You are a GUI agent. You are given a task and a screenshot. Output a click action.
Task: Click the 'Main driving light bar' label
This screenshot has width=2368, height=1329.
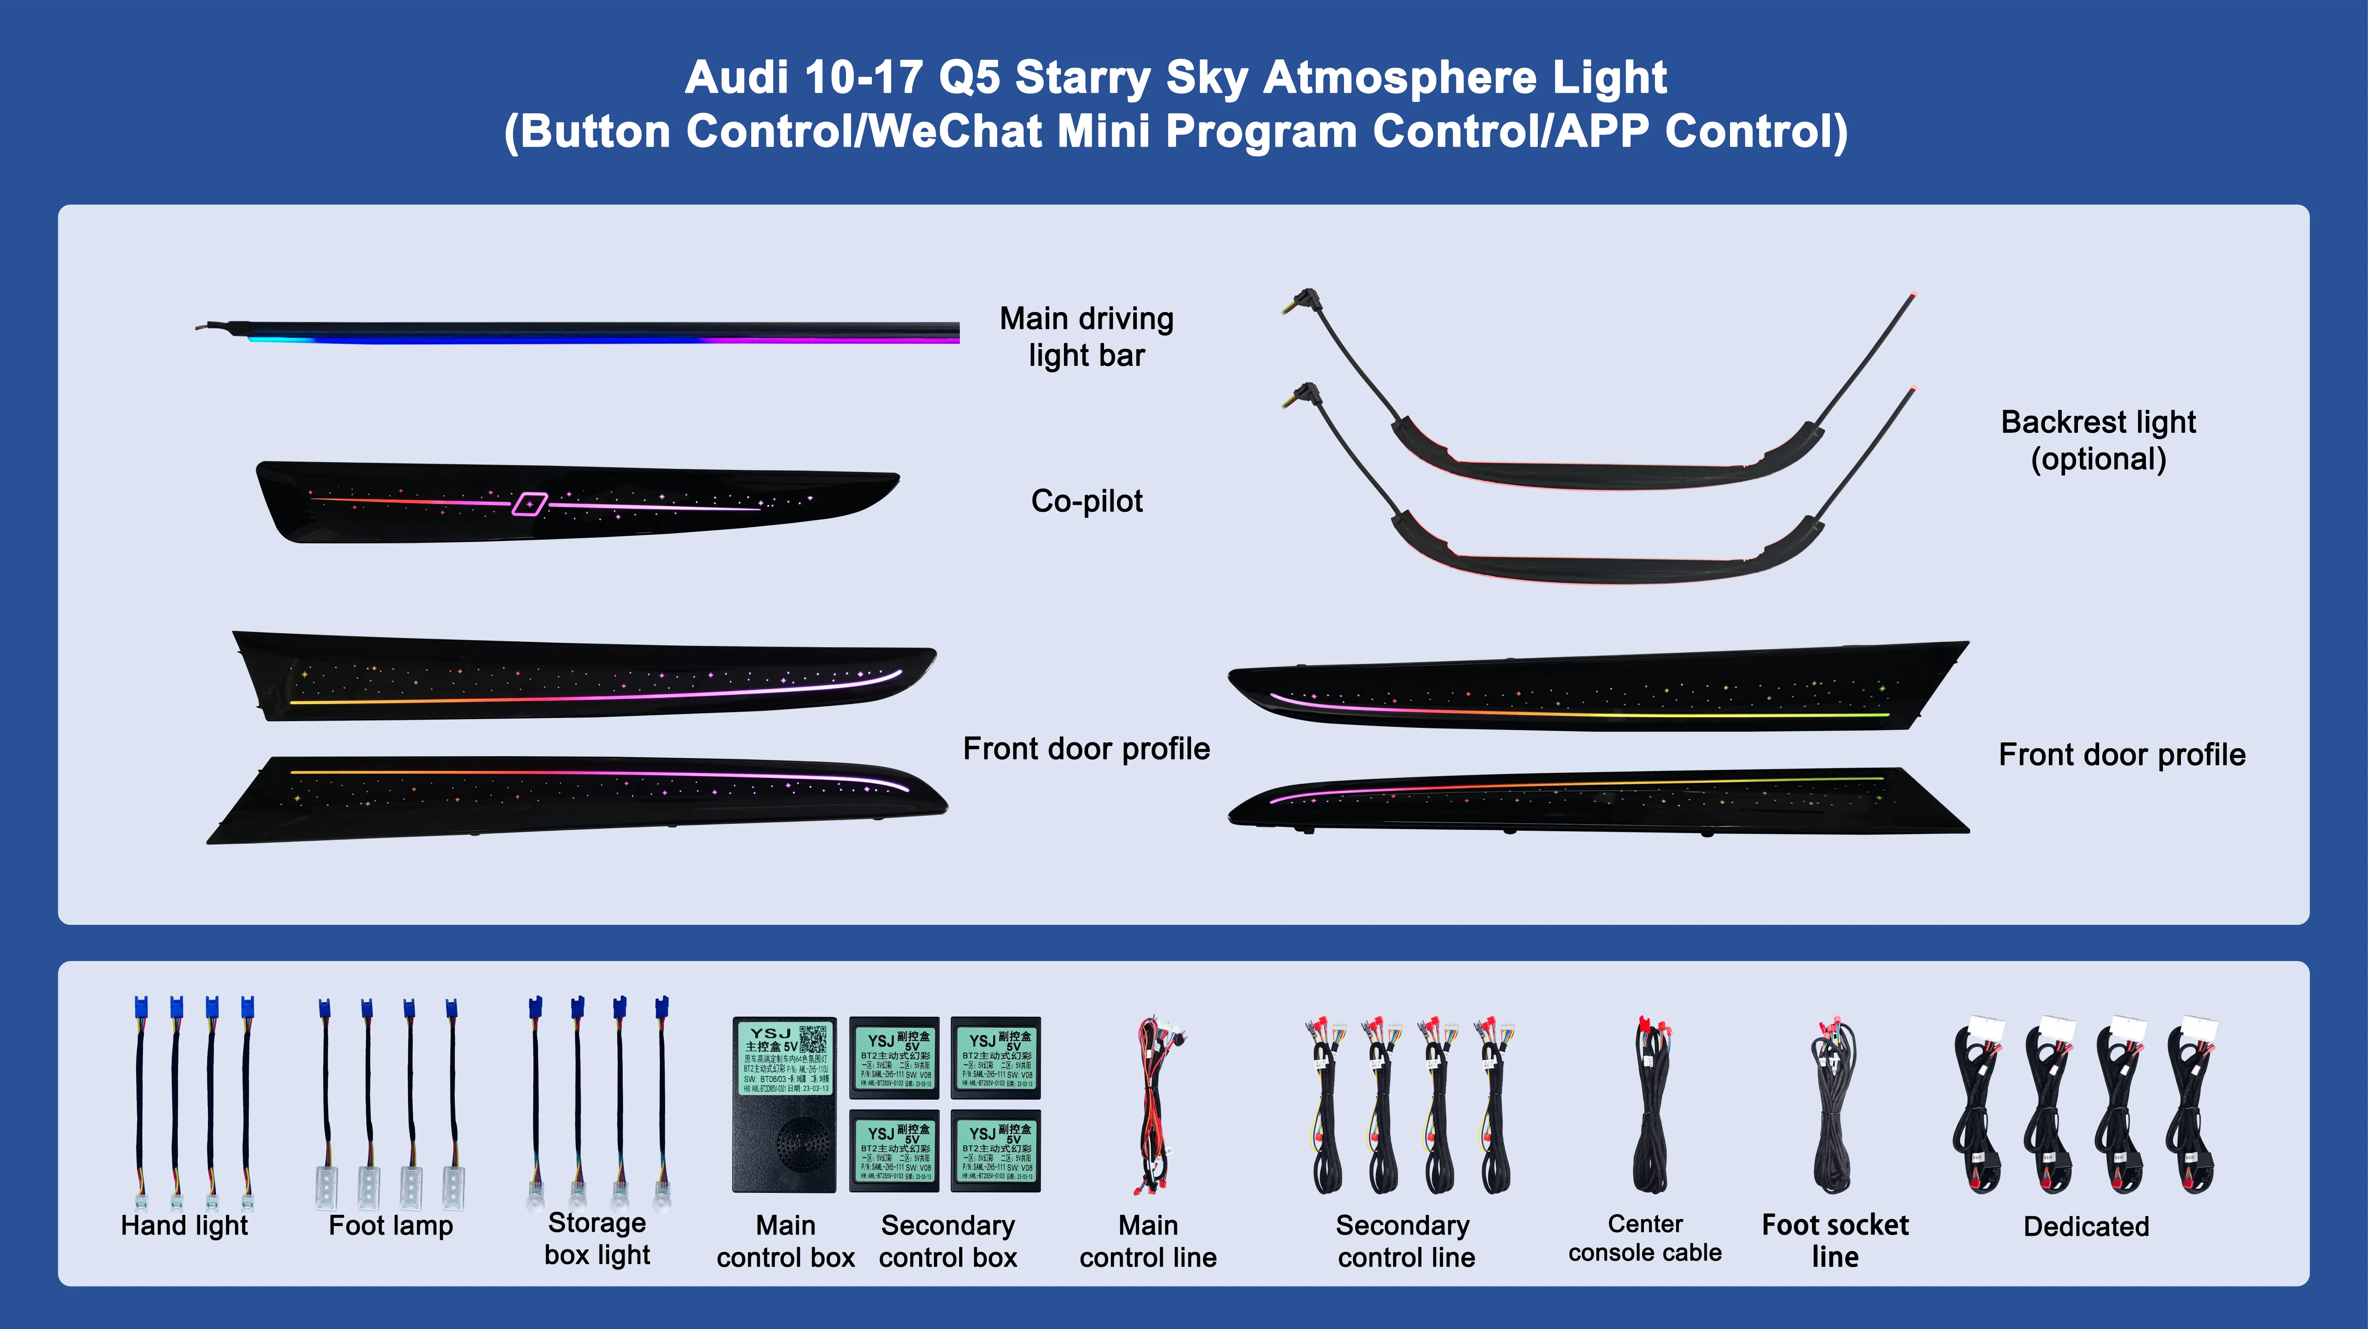(x=1087, y=337)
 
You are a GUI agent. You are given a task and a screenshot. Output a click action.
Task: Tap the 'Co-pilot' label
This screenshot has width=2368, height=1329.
(x=1087, y=501)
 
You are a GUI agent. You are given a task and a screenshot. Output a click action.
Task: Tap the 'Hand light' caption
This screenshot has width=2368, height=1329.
(x=185, y=1226)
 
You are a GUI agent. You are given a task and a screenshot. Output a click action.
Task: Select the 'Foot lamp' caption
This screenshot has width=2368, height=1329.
(x=391, y=1226)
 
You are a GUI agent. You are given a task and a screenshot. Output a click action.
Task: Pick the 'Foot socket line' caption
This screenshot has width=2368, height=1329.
(x=1835, y=1240)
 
